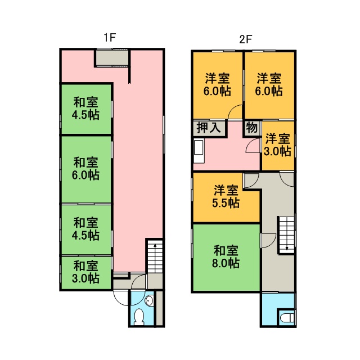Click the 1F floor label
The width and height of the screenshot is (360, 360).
[x=110, y=38]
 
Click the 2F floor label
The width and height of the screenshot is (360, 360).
[x=246, y=39]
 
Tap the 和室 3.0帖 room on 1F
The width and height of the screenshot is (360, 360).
[x=86, y=273]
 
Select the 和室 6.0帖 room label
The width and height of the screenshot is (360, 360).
[x=85, y=169]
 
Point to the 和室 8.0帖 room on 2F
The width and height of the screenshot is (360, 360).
[x=226, y=257]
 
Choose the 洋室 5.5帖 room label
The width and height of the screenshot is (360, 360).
[x=226, y=196]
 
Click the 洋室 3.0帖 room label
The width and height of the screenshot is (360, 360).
[x=277, y=145]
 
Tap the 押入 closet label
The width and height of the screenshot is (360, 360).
[x=209, y=128]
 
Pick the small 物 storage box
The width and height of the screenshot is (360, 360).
[x=252, y=128]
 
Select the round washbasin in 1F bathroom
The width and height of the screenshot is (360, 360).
[x=149, y=300]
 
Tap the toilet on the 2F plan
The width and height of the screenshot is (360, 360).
[x=286, y=318]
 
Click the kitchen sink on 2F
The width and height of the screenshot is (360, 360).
[x=199, y=151]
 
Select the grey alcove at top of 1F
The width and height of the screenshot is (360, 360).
[x=112, y=57]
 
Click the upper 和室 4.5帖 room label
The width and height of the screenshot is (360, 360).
[x=85, y=109]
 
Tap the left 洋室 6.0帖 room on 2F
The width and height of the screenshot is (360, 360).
[x=218, y=85]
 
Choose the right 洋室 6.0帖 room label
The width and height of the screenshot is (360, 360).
[x=269, y=84]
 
